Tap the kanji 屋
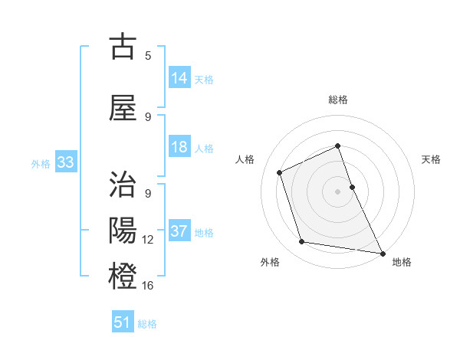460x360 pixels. (123, 109)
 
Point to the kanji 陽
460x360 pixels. (123, 230)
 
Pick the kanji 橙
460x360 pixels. (123, 274)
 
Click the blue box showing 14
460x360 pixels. (179, 78)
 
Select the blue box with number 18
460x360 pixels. (179, 147)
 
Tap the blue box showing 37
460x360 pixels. (179, 232)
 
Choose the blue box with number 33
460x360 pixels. (65, 162)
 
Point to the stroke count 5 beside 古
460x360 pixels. (148, 55)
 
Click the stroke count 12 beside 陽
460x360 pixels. (148, 240)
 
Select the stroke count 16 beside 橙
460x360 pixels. (148, 285)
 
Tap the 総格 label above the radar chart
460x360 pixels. (338, 100)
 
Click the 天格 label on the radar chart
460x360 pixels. (432, 159)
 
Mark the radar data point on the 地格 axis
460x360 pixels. (383, 252)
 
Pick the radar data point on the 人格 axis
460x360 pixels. (280, 172)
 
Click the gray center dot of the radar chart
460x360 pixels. (338, 191)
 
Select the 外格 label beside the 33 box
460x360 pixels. (40, 163)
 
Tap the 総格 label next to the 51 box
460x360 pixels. (147, 323)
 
